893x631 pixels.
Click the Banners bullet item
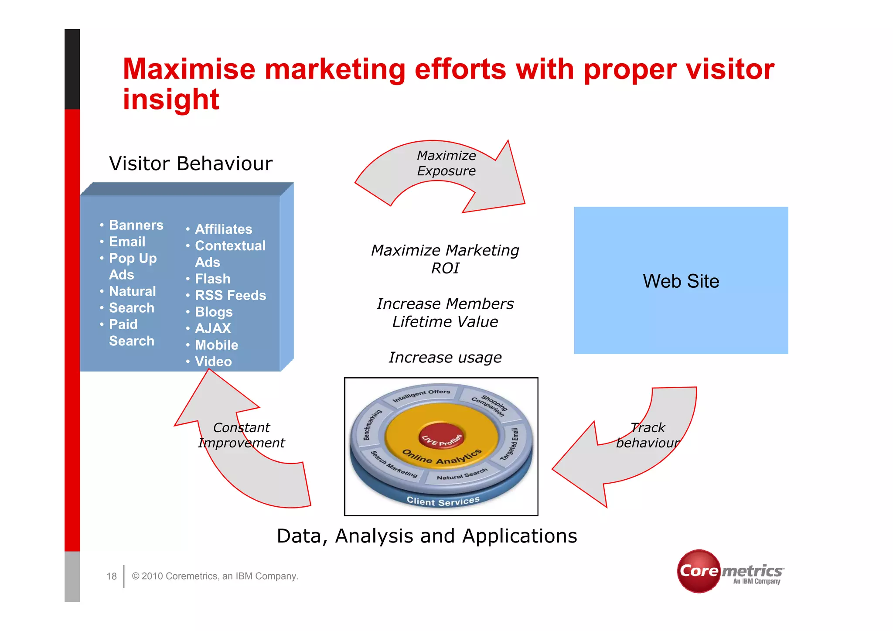(x=136, y=225)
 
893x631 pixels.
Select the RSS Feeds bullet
(x=230, y=295)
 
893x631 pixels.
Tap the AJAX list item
(x=212, y=328)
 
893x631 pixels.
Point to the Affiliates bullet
(x=223, y=229)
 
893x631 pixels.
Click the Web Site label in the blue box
(x=680, y=281)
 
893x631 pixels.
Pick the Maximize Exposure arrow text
(x=446, y=163)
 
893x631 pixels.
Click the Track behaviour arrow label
(x=648, y=435)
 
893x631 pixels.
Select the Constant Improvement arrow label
(x=241, y=435)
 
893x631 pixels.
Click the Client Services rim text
(x=443, y=501)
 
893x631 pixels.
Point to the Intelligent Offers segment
(x=421, y=395)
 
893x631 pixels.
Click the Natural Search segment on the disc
(x=462, y=474)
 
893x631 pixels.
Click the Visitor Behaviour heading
(x=191, y=164)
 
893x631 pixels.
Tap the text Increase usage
(x=445, y=358)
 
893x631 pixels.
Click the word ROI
(x=445, y=268)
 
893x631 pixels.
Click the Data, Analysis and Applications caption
(x=426, y=536)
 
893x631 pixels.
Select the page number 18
(x=112, y=576)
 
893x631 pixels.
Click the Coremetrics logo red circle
(x=699, y=571)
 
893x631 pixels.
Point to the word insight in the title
(x=170, y=99)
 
